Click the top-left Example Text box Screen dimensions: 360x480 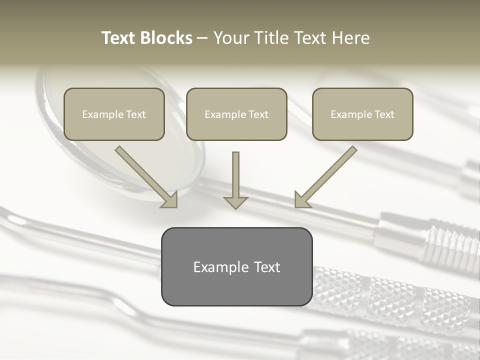pyautogui.click(x=114, y=114)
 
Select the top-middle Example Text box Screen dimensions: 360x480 pyautogui.click(x=236, y=114)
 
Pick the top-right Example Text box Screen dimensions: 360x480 pyautogui.click(x=362, y=114)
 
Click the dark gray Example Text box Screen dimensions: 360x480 pyautogui.click(x=236, y=266)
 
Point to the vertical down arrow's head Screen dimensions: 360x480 pyautogui.click(x=235, y=202)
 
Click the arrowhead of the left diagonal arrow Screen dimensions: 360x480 pyautogui.click(x=170, y=200)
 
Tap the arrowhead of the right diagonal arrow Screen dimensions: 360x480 pyautogui.click(x=301, y=200)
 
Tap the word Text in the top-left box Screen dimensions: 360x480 pyautogui.click(x=136, y=114)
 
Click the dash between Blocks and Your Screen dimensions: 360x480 pyautogui.click(x=202, y=38)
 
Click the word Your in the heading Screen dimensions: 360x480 pyautogui.click(x=230, y=38)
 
